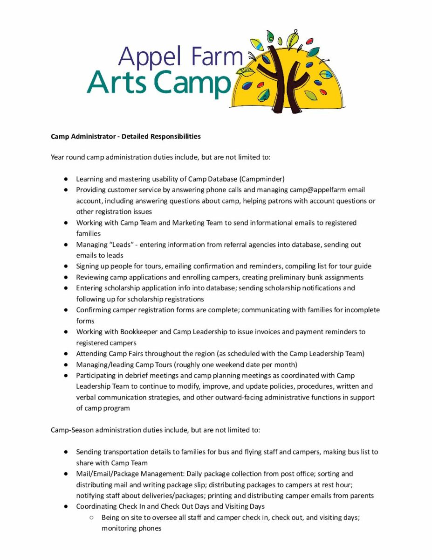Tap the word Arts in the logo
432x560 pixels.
point(119,82)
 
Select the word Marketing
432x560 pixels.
point(188,223)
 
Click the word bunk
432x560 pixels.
point(309,277)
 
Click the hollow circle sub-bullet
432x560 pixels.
point(92,517)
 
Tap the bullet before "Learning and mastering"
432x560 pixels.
point(67,179)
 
